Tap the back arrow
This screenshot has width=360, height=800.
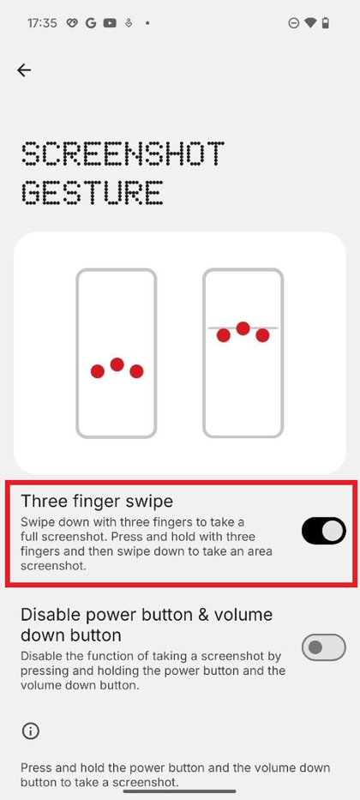[x=24, y=70]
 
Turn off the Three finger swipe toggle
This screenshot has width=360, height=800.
[x=324, y=531]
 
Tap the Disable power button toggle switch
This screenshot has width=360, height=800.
[x=324, y=647]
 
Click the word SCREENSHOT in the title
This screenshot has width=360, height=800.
[x=123, y=153]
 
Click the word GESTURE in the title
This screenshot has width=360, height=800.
[x=93, y=192]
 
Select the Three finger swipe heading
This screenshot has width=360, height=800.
[x=97, y=501]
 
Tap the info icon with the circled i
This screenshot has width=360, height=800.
[x=31, y=731]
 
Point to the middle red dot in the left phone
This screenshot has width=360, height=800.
[x=117, y=364]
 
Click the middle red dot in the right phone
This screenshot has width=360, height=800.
[x=243, y=328]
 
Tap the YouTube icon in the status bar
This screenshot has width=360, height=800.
[x=109, y=23]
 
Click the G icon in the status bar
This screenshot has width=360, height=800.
[x=91, y=23]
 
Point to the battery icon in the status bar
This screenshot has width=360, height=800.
[x=326, y=23]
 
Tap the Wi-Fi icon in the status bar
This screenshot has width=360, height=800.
[x=309, y=23]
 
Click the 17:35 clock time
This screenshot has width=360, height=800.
[x=41, y=23]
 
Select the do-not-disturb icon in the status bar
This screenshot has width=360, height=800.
[x=293, y=23]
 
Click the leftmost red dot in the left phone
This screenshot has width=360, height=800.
[x=98, y=371]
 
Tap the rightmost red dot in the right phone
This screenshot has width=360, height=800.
[x=262, y=335]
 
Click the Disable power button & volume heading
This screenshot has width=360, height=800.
[x=147, y=624]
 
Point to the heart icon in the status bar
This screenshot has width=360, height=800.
[x=72, y=23]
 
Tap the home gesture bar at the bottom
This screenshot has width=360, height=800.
[x=180, y=792]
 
